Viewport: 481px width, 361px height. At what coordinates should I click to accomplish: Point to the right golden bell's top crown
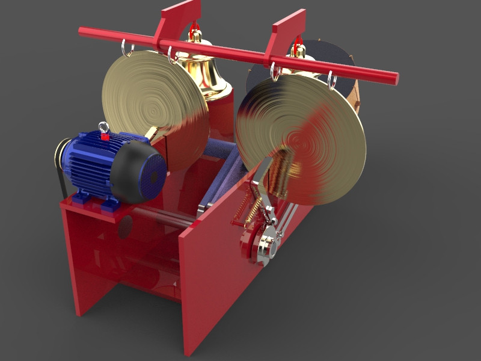click(x=298, y=48)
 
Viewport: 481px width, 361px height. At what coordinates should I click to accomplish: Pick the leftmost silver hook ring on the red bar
click(x=127, y=48)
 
